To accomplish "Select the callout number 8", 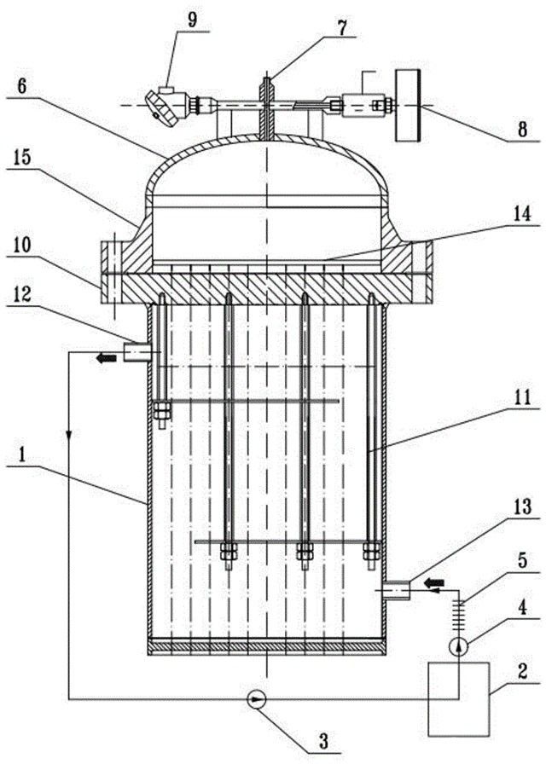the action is [x=522, y=130].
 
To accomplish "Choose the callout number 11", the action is [x=522, y=397].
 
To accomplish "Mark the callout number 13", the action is [x=522, y=506].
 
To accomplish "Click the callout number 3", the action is [x=323, y=743].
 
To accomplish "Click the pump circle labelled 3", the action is [x=256, y=701].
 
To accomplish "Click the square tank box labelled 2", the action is [x=458, y=698].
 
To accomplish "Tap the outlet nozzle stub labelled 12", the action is [x=137, y=352].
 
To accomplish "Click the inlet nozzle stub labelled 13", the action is [x=396, y=591].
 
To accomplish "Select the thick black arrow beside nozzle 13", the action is [x=434, y=582].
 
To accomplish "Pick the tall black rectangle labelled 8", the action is [x=409, y=106].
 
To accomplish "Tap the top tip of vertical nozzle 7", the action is [x=267, y=77].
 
